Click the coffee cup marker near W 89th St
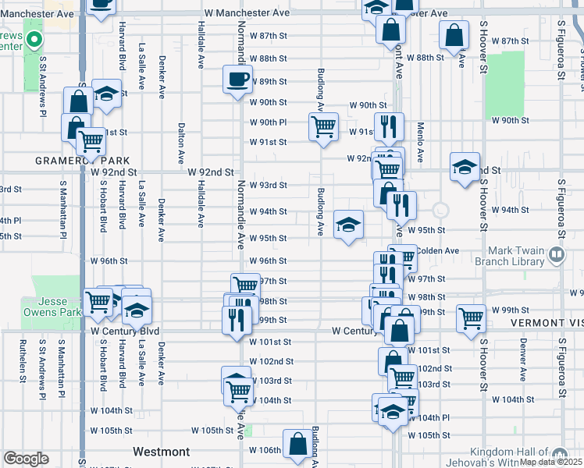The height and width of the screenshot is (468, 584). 238,80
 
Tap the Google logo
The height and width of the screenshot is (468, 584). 26,458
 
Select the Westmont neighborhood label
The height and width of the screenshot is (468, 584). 161,452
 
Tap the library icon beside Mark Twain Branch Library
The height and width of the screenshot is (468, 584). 556,253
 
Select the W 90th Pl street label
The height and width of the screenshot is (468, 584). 269,122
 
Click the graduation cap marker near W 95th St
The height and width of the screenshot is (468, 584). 347,225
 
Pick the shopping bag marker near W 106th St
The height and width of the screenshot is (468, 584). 298,445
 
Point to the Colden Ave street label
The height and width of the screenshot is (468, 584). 437,250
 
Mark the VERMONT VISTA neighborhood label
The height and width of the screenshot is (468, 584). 547,322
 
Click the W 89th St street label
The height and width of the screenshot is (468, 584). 269,81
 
